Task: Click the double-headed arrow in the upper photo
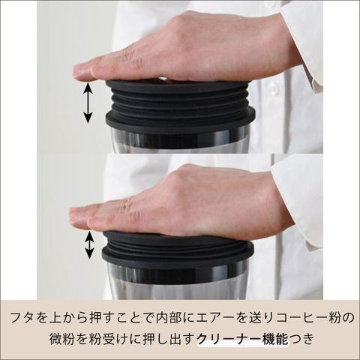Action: point(88,103)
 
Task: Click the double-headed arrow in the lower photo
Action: point(89,245)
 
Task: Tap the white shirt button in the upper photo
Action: point(274,88)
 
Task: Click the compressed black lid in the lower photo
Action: point(178,249)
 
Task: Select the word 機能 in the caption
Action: point(274,339)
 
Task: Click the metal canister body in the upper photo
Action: point(179,140)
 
